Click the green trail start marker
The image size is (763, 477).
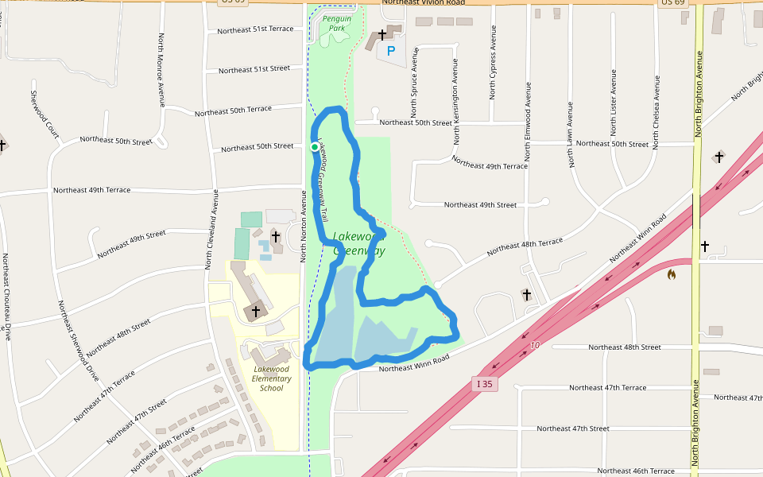[x=315, y=147]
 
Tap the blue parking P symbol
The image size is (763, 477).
[x=390, y=51]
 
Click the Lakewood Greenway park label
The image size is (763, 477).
[x=358, y=243]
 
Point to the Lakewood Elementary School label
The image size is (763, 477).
[x=271, y=378]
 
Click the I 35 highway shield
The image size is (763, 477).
[x=485, y=384]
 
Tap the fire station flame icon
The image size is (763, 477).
[x=672, y=275]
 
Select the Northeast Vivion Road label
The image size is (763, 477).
[x=423, y=2]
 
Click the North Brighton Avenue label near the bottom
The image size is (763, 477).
[x=695, y=422]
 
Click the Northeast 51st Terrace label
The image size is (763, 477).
[x=255, y=30]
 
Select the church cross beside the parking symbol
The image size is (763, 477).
[x=381, y=35]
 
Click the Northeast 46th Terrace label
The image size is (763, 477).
[x=636, y=471]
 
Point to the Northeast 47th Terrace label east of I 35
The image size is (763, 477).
[x=607, y=387]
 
